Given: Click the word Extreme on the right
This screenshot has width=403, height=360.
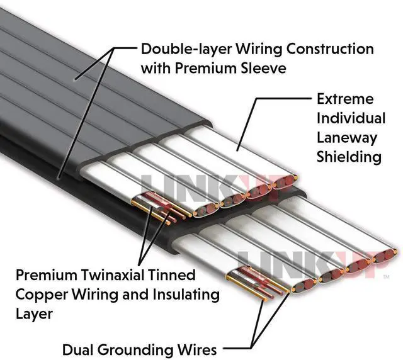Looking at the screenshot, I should coord(344,99).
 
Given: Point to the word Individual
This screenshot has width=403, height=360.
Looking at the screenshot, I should coord(351,118).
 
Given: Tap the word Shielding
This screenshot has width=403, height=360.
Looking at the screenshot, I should coord(349,157).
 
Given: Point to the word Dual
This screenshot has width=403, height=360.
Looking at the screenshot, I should coord(77,349).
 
